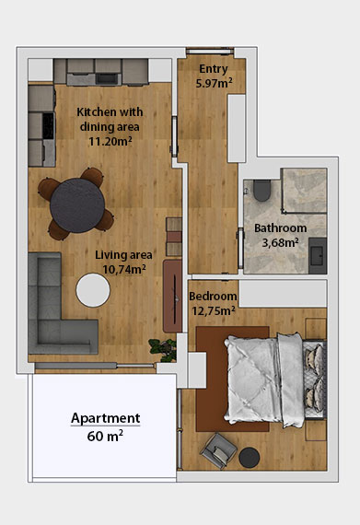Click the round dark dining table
tap(75, 202)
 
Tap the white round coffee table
tap(93, 290)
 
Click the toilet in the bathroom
tap(261, 191)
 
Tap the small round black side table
tap(250, 457)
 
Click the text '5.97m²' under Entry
tap(214, 84)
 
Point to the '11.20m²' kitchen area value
tap(110, 142)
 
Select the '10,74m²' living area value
tap(118, 270)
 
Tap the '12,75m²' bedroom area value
tap(214, 310)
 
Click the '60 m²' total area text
tap(105, 436)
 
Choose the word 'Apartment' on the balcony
tap(106, 417)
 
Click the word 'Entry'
tap(213, 69)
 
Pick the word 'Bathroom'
tap(280, 228)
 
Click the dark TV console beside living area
tap(171, 295)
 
